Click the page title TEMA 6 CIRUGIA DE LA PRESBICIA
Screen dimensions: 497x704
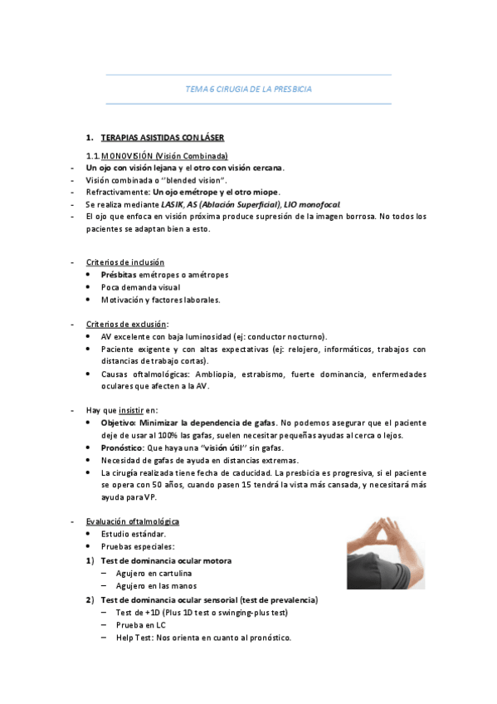pyautogui.click(x=248, y=89)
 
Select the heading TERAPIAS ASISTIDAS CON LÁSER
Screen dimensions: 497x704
pyautogui.click(x=162, y=137)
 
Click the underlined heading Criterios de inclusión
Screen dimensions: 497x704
pyautogui.click(x=125, y=262)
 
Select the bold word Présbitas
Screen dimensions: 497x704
pyautogui.click(x=119, y=275)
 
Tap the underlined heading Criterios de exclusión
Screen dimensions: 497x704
pyautogui.click(x=125, y=325)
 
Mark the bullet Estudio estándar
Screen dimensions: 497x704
pyautogui.click(x=134, y=534)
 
